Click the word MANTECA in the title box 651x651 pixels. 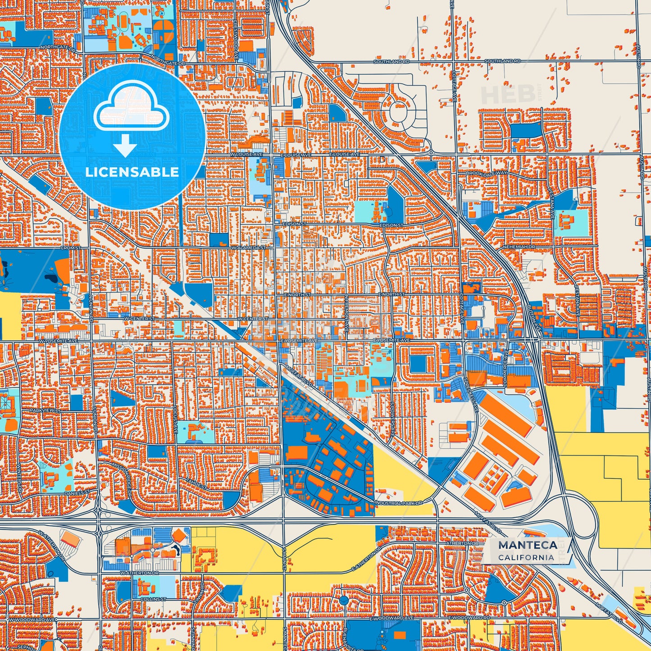tap(528, 545)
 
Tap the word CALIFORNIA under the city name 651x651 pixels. tap(526, 557)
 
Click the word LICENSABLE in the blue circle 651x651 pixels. tap(132, 172)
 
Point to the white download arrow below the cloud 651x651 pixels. tap(125, 145)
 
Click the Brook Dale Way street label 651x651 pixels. tap(487, 173)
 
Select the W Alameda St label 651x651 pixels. tap(249, 248)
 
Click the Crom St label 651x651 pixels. tap(71, 248)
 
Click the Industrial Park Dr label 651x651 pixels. tap(398, 503)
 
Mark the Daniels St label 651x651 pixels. tap(77, 493)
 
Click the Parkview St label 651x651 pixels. tap(46, 411)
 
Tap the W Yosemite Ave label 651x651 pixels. tap(58, 341)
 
